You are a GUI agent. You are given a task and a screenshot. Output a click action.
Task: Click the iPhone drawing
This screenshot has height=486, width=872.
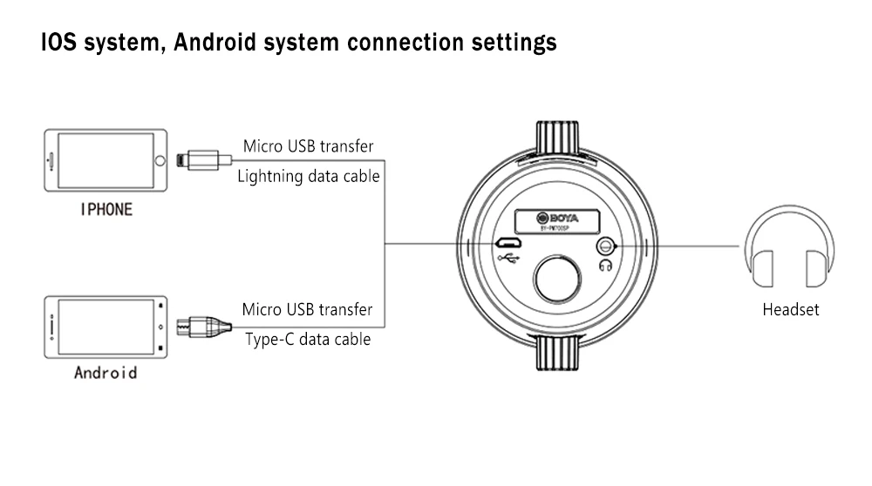(x=105, y=162)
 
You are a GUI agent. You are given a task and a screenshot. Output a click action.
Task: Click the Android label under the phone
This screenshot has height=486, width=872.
(x=106, y=373)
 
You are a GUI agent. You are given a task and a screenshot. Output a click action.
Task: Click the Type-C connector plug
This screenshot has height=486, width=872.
(x=204, y=327)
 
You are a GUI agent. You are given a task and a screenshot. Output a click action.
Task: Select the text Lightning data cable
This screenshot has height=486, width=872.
(x=309, y=176)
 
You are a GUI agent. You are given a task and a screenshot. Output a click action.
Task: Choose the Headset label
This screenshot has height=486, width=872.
(x=790, y=309)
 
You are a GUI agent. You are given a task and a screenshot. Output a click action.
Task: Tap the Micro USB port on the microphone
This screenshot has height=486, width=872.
(x=508, y=243)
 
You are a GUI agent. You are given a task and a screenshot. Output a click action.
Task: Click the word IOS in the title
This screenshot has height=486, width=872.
(x=59, y=43)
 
